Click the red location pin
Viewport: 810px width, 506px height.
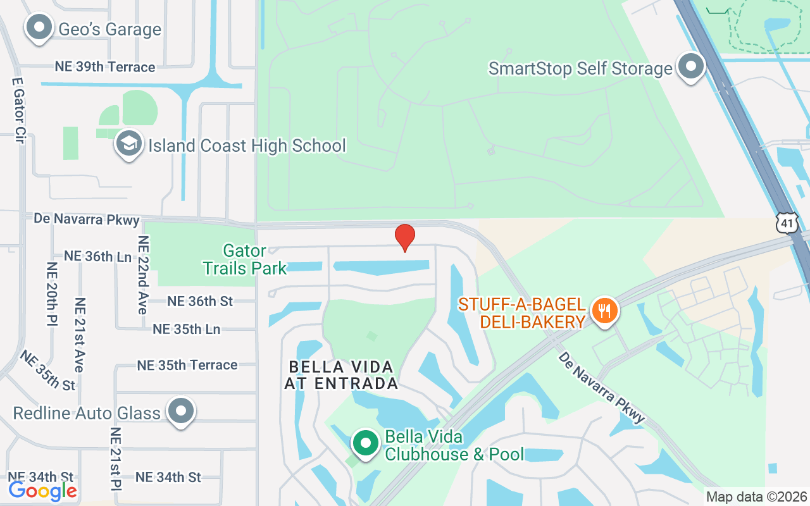(x=405, y=238)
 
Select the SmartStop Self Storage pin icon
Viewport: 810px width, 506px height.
(x=690, y=67)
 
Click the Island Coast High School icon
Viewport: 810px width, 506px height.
(x=129, y=145)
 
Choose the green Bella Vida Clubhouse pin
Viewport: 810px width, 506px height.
(x=365, y=443)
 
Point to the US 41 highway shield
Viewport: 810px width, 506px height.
(x=788, y=221)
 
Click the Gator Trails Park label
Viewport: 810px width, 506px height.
(x=245, y=260)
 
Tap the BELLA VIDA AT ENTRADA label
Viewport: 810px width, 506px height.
(x=341, y=375)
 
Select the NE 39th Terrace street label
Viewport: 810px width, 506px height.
(x=105, y=67)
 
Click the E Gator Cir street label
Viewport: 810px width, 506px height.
(x=18, y=111)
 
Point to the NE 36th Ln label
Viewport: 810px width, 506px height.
(x=97, y=256)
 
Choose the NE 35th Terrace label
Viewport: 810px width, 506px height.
(x=187, y=365)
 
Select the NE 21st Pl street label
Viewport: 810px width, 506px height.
(x=116, y=459)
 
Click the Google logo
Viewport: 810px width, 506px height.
(x=43, y=490)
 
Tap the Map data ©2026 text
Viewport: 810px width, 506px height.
(x=756, y=497)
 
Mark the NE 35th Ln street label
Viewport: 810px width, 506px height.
(x=186, y=329)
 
